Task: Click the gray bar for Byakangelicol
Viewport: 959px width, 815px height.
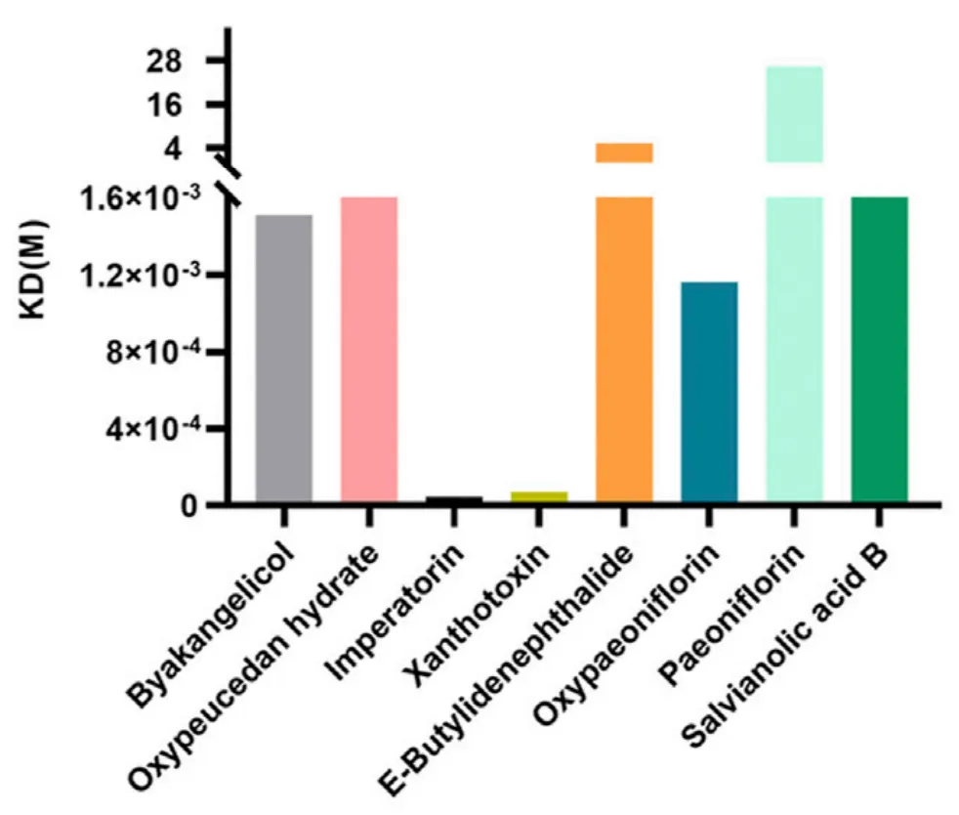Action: (283, 359)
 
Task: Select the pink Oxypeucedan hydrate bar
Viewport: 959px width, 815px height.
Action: (368, 350)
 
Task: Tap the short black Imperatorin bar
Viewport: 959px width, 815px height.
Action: (454, 500)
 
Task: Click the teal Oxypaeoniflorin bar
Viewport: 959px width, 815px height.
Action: (709, 393)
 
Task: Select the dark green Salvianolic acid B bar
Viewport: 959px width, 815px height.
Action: (879, 350)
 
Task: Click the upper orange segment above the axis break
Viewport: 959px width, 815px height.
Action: (624, 152)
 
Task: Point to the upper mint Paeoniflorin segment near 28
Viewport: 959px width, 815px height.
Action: (794, 113)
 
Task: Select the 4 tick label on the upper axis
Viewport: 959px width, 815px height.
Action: (198, 149)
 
